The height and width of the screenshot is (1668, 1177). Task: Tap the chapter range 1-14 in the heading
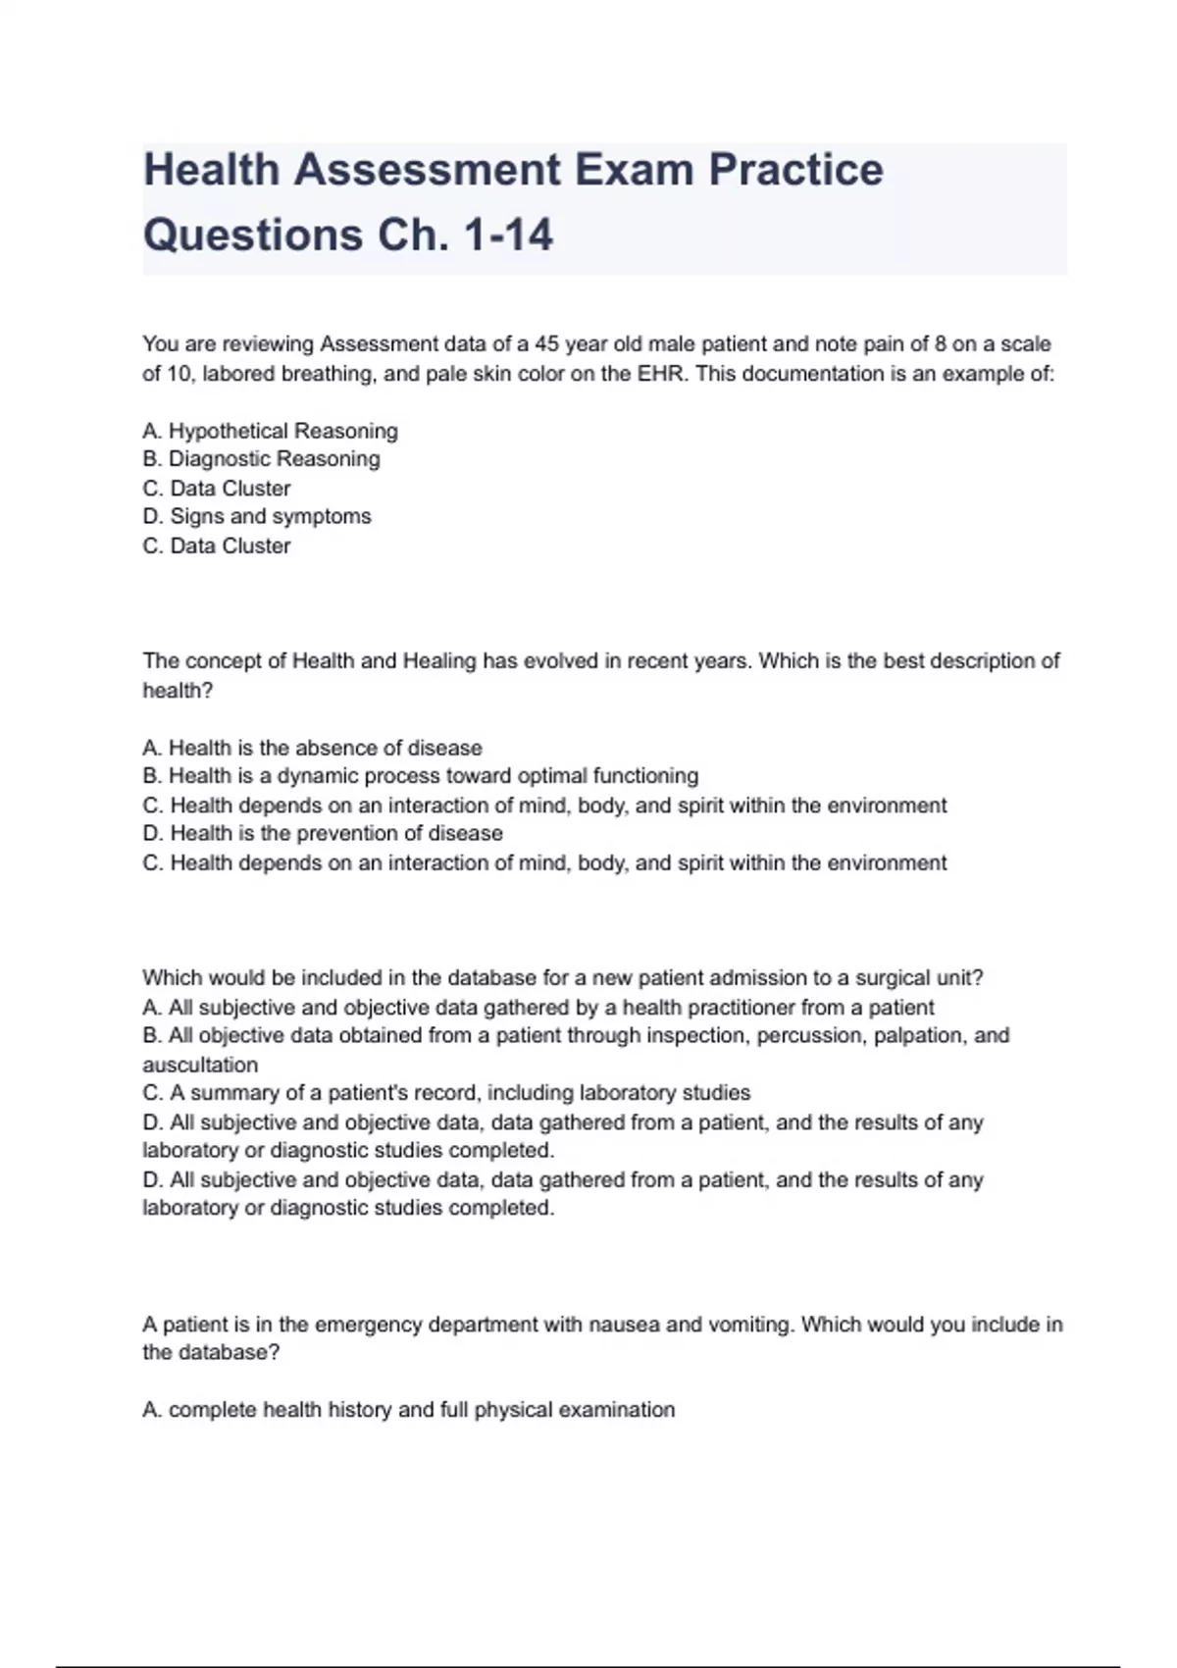click(x=507, y=235)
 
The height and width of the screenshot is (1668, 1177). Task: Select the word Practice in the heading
click(x=795, y=170)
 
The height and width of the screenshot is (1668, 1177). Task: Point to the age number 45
click(x=546, y=344)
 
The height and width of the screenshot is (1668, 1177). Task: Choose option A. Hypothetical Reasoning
click(x=270, y=431)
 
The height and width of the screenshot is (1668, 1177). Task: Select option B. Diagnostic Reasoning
click(x=261, y=459)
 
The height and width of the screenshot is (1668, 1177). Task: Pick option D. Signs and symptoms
click(x=257, y=516)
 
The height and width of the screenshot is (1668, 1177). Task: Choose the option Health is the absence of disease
click(x=312, y=748)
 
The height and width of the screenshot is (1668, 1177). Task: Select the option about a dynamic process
click(x=420, y=776)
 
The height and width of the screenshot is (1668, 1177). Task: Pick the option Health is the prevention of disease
click(x=323, y=834)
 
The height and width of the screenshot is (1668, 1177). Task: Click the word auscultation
click(x=200, y=1065)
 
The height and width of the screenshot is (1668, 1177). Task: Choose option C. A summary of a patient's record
click(x=446, y=1093)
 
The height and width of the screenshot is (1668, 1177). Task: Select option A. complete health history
click(x=408, y=1410)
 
